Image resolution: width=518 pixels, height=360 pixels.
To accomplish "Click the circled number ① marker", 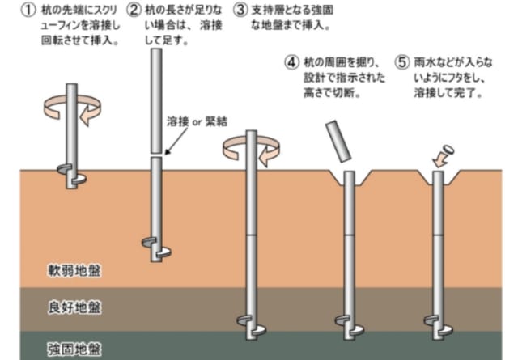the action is (28, 10).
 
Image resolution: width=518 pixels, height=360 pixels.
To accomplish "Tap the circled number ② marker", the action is (134, 10).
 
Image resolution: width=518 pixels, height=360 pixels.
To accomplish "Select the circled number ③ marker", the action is (240, 10).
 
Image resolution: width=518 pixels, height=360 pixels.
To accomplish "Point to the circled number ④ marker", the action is (292, 62).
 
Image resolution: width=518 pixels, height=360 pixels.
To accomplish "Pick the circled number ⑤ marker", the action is (402, 62).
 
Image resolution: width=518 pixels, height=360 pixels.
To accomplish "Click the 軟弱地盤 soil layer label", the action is (74, 271).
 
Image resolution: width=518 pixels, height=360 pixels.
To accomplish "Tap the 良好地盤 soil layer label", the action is (74, 307).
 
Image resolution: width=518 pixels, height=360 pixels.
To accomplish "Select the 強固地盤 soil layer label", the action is (74, 349).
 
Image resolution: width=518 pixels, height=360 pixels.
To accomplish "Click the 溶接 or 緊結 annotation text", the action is (197, 121).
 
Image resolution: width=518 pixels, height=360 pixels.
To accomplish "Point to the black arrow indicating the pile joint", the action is (176, 141).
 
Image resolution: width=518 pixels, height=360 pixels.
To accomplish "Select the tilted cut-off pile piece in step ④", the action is (338, 141).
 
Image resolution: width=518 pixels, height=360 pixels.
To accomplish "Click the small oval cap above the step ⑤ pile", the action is (448, 150).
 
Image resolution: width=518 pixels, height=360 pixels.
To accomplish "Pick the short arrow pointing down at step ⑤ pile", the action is (440, 161).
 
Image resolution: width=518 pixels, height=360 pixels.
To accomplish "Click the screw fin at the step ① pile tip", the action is (72, 175).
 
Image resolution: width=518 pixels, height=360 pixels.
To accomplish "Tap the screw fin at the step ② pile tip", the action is (156, 248).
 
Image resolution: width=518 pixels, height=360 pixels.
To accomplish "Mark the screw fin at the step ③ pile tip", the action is (252, 325).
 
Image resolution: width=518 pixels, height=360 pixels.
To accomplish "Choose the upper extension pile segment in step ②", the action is (156, 101).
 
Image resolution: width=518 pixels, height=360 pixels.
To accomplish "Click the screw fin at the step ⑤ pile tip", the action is (439, 325).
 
